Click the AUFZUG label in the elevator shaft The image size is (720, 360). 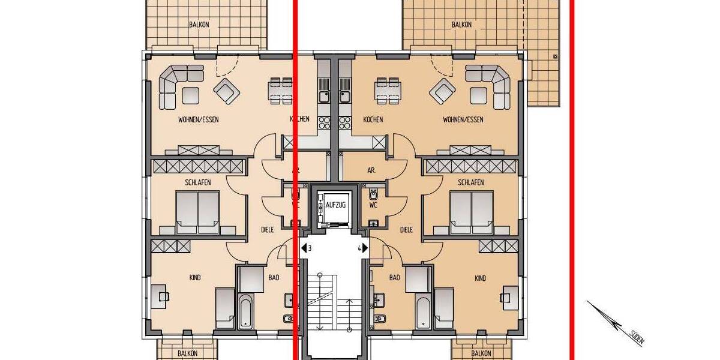tap(335, 205)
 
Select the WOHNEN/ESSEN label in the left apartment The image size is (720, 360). tap(198, 119)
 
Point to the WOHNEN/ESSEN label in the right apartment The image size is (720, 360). tap(463, 119)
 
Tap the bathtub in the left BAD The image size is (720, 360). tap(247, 311)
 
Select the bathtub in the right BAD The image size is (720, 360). tap(423, 311)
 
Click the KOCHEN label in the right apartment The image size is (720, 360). tap(373, 119)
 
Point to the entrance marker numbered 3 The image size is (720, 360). tap(307, 247)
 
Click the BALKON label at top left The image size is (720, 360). tap(199, 25)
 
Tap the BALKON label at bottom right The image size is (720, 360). tap(481, 353)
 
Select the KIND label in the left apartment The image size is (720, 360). tap(194, 278)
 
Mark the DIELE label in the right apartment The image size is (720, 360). tap(406, 229)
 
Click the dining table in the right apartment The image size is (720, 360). tap(388, 89)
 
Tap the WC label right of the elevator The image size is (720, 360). tap(373, 205)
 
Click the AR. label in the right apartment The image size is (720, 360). tap(371, 170)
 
